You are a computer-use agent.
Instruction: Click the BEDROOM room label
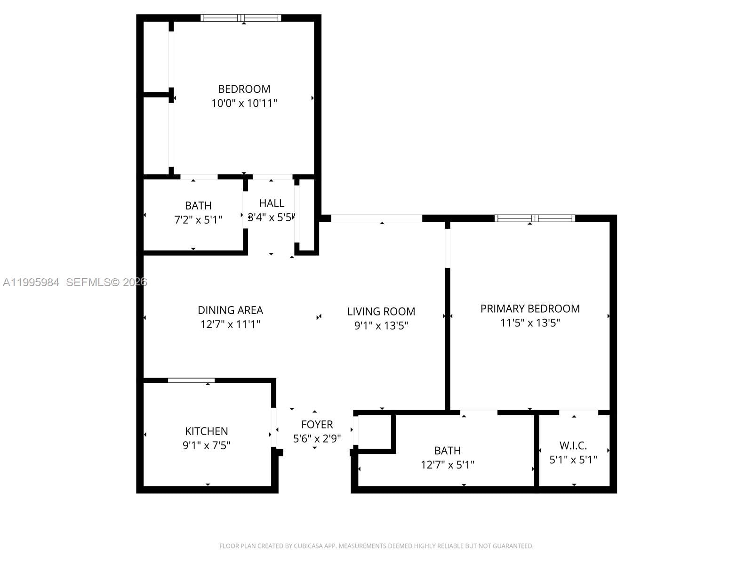coord(244,89)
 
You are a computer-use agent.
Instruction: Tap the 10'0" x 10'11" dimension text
coord(244,103)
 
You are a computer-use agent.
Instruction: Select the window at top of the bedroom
coord(241,18)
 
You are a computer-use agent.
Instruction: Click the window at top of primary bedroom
coord(535,218)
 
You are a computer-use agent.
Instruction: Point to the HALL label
coord(272,203)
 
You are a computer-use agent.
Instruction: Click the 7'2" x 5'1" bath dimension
coord(198,219)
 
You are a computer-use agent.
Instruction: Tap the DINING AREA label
coord(230,310)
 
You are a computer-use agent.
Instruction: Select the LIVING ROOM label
coord(381,311)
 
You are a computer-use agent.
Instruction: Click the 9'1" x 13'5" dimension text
coord(381,325)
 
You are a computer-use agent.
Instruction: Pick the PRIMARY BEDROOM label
coord(530,308)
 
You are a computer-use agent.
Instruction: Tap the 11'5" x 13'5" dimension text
coord(530,323)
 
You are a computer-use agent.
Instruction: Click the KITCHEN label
coord(206,431)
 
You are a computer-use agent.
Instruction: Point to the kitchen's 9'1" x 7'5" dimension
coord(206,445)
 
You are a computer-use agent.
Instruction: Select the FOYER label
coord(317,424)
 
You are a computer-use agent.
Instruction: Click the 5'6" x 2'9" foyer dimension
coord(317,438)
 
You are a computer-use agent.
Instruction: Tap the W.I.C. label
coord(573,445)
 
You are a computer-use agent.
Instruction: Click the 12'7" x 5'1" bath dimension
coord(447,465)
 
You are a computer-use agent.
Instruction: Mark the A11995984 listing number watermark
coord(31,282)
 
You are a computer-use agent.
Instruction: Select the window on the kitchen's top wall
coord(191,380)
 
